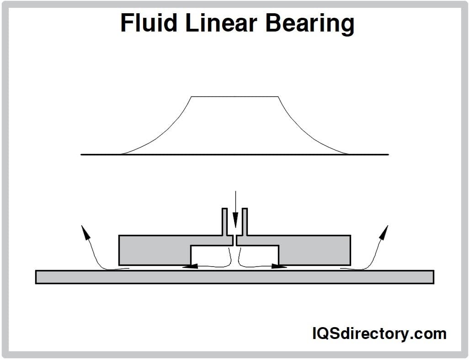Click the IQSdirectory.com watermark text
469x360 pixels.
[379, 334]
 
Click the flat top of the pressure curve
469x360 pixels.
[234, 96]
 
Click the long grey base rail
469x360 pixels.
[234, 277]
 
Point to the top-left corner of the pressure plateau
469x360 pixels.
[191, 96]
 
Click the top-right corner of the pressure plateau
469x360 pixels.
[278, 96]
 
